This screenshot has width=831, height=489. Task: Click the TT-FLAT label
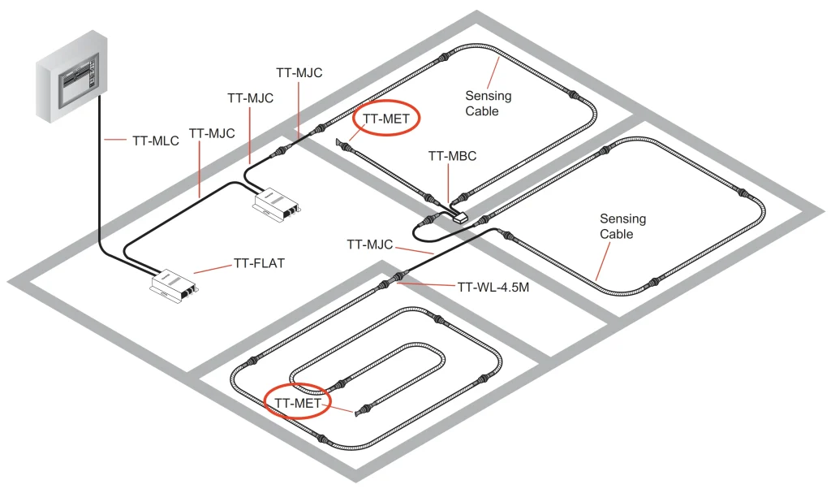click(x=260, y=263)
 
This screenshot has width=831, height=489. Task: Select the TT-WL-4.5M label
click(x=493, y=287)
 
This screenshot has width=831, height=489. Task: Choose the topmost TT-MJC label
click(x=299, y=72)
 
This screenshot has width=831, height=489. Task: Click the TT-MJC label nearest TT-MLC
click(x=212, y=132)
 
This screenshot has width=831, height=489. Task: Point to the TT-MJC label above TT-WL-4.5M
click(x=370, y=244)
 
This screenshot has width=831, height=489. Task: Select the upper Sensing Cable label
click(x=488, y=103)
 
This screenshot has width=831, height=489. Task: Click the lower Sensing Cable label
click(x=622, y=226)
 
